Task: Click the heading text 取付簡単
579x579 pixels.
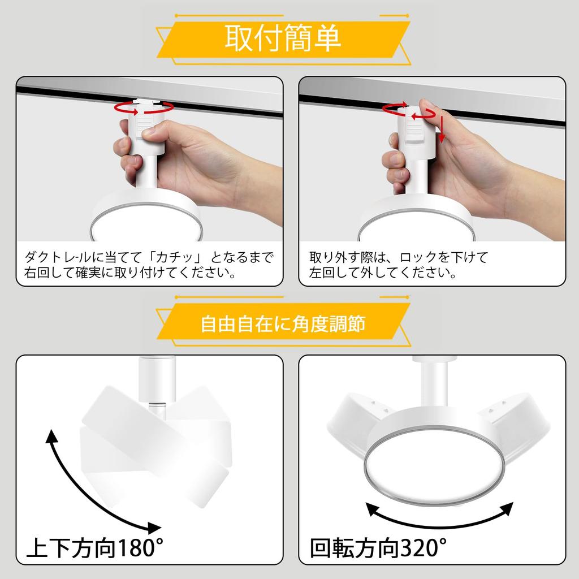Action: [x=283, y=38]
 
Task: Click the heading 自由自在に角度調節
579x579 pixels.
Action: [x=283, y=324]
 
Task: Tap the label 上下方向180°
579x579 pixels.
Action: [x=95, y=547]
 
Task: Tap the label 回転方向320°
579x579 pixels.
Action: [x=378, y=547]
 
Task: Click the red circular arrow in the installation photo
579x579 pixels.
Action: [x=144, y=107]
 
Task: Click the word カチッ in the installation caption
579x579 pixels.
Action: [x=175, y=257]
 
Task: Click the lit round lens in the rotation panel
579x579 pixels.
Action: [x=434, y=464]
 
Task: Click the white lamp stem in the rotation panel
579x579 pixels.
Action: [x=434, y=384]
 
